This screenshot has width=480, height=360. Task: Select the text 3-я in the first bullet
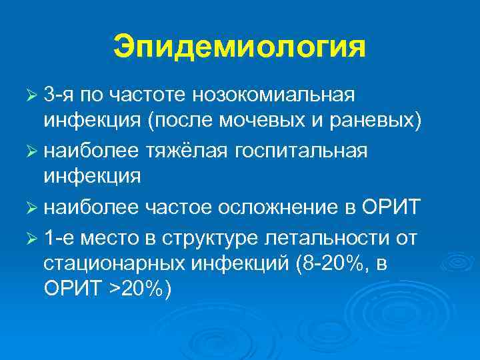coord(62,95)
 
